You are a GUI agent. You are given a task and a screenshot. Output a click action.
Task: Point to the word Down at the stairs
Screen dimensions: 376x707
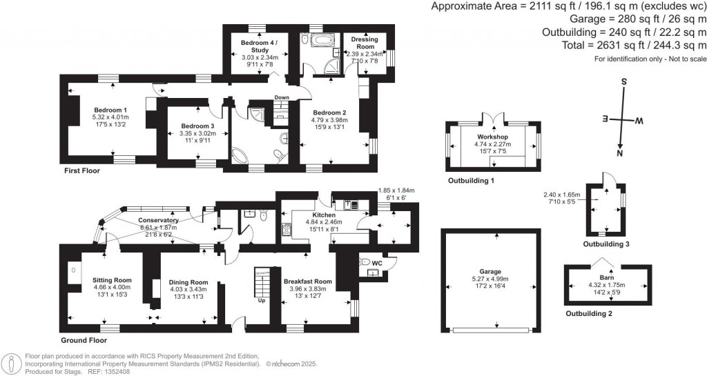[x=282, y=97]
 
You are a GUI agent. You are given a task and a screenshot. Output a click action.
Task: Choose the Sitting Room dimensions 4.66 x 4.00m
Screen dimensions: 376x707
[x=111, y=287]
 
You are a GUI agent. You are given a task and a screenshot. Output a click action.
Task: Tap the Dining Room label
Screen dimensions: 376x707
[x=188, y=282]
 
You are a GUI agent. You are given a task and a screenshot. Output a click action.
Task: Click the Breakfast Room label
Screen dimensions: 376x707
[x=308, y=281]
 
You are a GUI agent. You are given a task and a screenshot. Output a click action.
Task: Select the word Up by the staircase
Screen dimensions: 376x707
[x=261, y=301]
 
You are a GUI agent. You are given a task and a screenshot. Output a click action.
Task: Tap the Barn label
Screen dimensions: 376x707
[x=607, y=278]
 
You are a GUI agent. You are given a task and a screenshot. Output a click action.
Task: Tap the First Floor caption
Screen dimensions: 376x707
[x=82, y=170]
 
